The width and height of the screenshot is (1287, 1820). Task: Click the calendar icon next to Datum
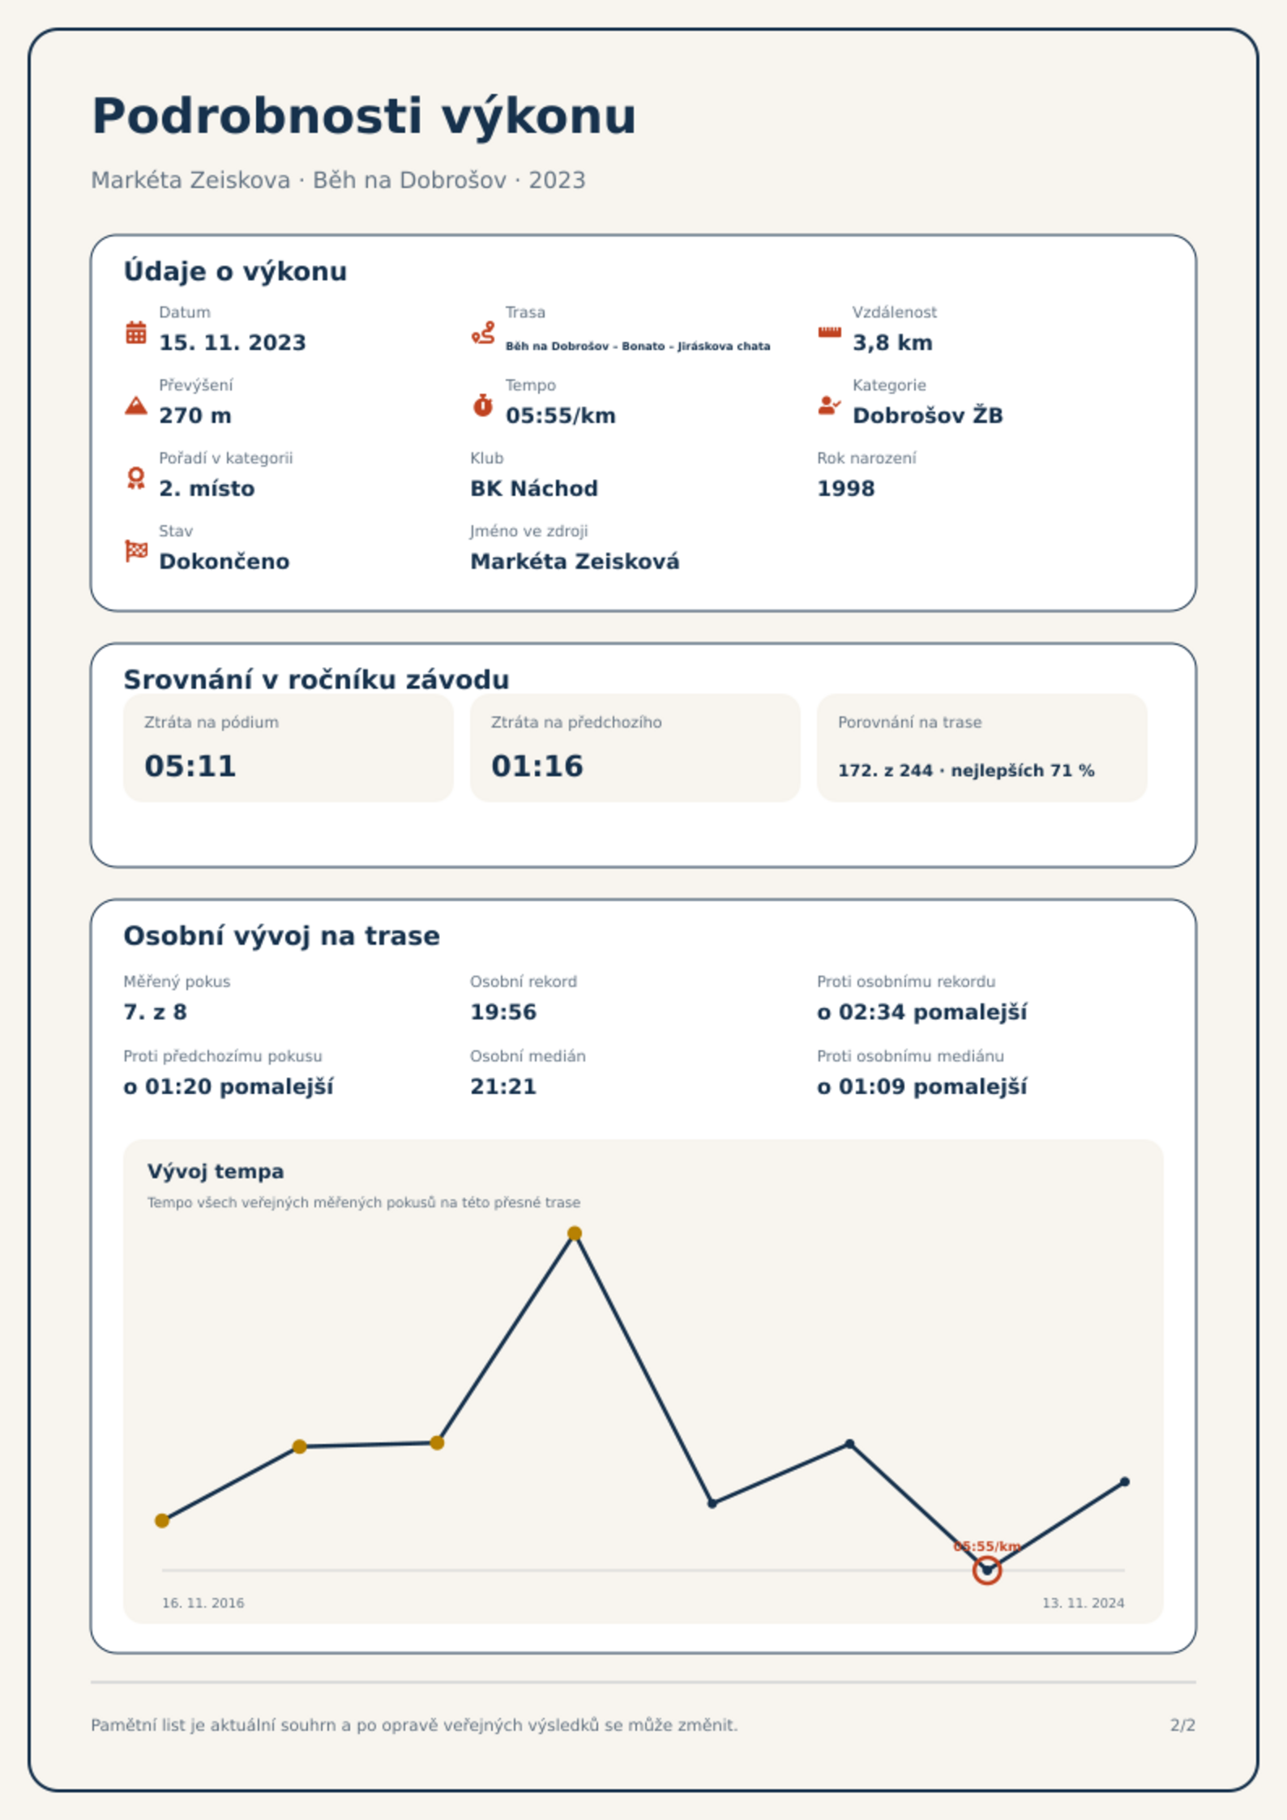point(136,332)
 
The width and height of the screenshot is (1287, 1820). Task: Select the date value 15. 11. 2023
point(233,343)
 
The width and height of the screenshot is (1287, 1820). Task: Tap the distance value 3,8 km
point(892,343)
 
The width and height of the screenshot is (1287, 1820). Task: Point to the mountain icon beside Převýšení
point(136,405)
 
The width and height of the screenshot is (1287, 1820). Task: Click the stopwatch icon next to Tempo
point(483,405)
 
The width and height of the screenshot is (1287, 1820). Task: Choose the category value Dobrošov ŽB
point(928,415)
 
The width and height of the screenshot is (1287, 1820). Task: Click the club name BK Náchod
point(534,489)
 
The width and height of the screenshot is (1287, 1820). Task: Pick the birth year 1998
point(846,489)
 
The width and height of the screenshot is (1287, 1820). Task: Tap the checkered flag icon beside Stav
point(136,551)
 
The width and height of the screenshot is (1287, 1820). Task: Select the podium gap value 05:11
point(190,766)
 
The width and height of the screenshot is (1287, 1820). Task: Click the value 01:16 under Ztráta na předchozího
point(537,766)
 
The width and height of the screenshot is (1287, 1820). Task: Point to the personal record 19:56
point(503,1012)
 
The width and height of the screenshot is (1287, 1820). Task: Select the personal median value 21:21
point(503,1087)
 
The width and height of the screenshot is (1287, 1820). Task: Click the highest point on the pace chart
point(575,1233)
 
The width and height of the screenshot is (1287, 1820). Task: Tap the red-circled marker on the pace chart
point(987,1570)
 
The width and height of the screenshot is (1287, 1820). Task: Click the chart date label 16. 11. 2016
point(203,1603)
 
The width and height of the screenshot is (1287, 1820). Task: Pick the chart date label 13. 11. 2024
point(1083,1603)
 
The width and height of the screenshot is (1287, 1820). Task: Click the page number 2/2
point(1182,1725)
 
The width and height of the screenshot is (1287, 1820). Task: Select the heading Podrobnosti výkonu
point(364,117)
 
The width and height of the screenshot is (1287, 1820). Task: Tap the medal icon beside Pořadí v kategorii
point(136,478)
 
